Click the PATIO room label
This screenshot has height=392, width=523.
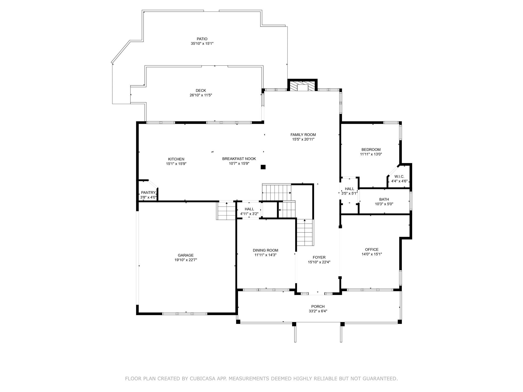pos(202,39)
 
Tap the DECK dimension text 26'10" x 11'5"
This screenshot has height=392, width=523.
pos(201,95)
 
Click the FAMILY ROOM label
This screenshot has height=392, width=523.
pos(303,135)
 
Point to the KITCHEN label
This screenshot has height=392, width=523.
pos(176,159)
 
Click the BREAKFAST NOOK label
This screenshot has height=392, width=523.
pos(239,159)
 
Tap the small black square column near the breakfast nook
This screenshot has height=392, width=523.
pos(263,167)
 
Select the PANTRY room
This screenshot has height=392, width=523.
pos(148,193)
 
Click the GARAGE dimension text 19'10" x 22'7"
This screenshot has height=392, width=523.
pos(185,260)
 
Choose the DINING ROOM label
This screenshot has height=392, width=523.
pos(265,250)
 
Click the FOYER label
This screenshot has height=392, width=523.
pos(319,258)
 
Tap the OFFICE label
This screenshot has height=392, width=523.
pos(372,250)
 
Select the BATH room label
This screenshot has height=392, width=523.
pos(384,200)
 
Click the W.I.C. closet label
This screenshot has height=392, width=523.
pos(399,177)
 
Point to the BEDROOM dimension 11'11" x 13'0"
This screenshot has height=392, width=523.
pos(371,154)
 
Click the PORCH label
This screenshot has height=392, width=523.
pos(318,307)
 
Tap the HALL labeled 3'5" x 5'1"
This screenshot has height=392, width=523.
pos(349,189)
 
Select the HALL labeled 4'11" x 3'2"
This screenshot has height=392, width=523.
pos(249,209)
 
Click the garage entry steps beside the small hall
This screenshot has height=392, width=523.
pos(226,211)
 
